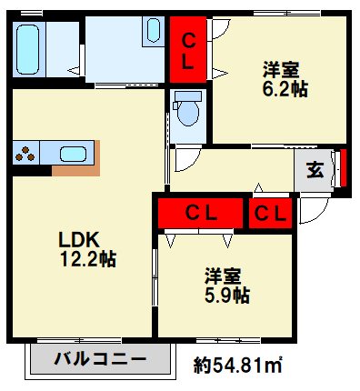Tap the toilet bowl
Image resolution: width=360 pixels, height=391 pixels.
[188, 111]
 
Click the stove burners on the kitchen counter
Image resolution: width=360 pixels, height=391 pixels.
[25, 153]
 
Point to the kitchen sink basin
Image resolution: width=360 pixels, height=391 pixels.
[72, 153]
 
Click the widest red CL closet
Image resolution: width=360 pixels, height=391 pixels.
[199, 214]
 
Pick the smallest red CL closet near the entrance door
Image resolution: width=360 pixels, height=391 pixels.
[270, 214]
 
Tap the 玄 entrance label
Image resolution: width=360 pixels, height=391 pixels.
[315, 169]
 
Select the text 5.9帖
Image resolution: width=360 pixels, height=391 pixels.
[226, 296]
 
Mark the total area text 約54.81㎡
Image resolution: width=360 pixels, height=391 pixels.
[236, 366]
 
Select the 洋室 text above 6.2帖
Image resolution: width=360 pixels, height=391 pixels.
[282, 69]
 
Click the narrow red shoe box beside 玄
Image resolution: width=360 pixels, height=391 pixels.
[343, 169]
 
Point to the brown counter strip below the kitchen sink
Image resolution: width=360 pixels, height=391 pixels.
[75, 170]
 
